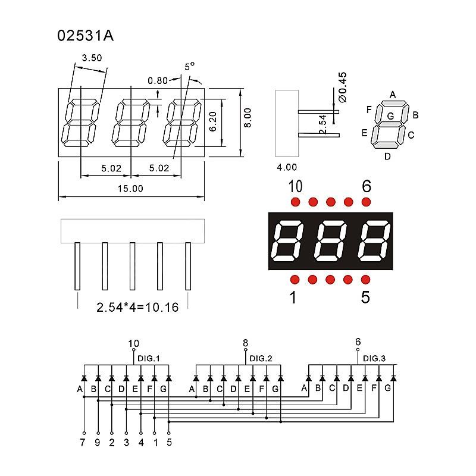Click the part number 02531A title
click(85, 36)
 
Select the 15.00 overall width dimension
click(131, 189)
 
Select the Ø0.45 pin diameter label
click(342, 86)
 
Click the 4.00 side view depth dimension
click(286, 168)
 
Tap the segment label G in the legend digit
click(390, 116)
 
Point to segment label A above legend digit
click(392, 94)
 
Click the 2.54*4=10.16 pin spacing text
click(137, 308)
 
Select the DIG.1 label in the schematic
click(149, 358)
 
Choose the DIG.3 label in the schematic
click(374, 358)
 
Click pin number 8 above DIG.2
click(245, 343)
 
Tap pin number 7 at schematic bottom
click(84, 442)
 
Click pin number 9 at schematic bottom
click(98, 442)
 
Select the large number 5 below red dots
click(365, 296)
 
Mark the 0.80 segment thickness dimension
click(158, 80)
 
